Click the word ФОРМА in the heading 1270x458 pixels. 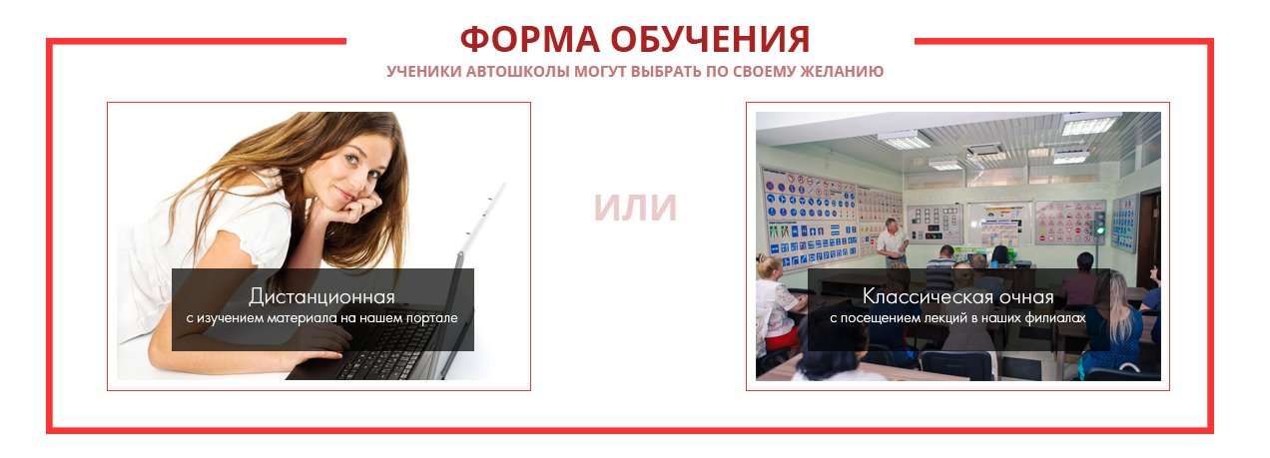[x=529, y=39]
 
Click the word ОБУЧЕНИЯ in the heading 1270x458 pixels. [x=711, y=39]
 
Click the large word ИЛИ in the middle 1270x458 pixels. [x=635, y=208]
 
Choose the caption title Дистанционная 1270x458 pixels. [x=321, y=296]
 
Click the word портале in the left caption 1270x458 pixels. [x=432, y=318]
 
